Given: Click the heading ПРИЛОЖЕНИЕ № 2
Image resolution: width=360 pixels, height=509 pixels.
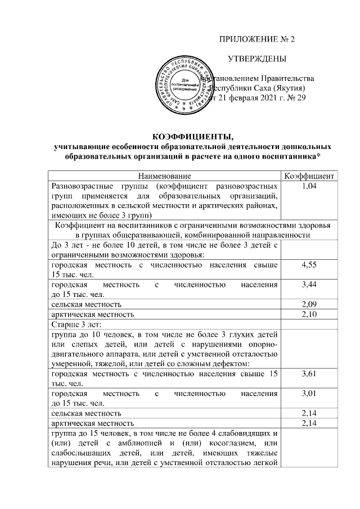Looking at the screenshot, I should pyautogui.click(x=256, y=40).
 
